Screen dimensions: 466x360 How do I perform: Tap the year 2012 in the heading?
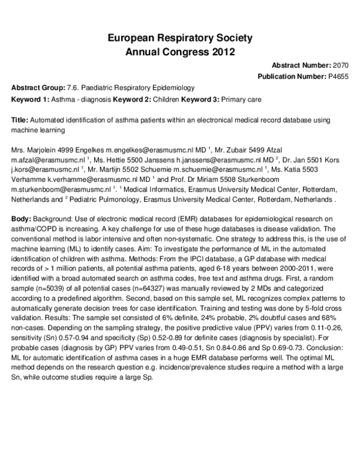point(220,51)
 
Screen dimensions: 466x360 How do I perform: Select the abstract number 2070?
point(340,65)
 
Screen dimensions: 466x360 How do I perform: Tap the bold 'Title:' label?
point(20,120)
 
